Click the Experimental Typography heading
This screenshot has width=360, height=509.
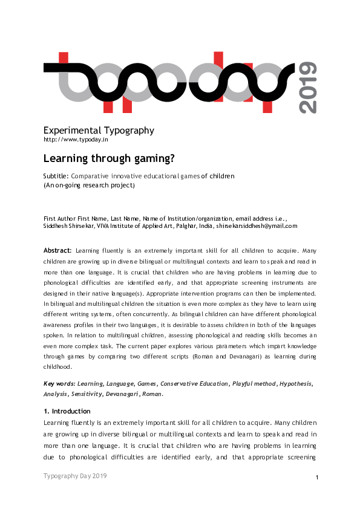tap(99, 131)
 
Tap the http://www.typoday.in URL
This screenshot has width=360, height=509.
tap(76, 140)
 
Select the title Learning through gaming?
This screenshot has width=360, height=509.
tap(109, 159)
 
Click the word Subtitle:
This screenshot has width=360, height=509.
tap(56, 177)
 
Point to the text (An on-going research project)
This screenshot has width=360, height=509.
tap(89, 185)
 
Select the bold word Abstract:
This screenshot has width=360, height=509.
tap(57, 250)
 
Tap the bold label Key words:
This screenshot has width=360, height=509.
tap(59, 384)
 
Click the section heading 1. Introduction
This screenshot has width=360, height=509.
tap(67, 411)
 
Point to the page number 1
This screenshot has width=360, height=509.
tap(317, 478)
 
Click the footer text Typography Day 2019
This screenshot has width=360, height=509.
tap(75, 476)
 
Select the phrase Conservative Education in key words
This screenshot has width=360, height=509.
tap(194, 384)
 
